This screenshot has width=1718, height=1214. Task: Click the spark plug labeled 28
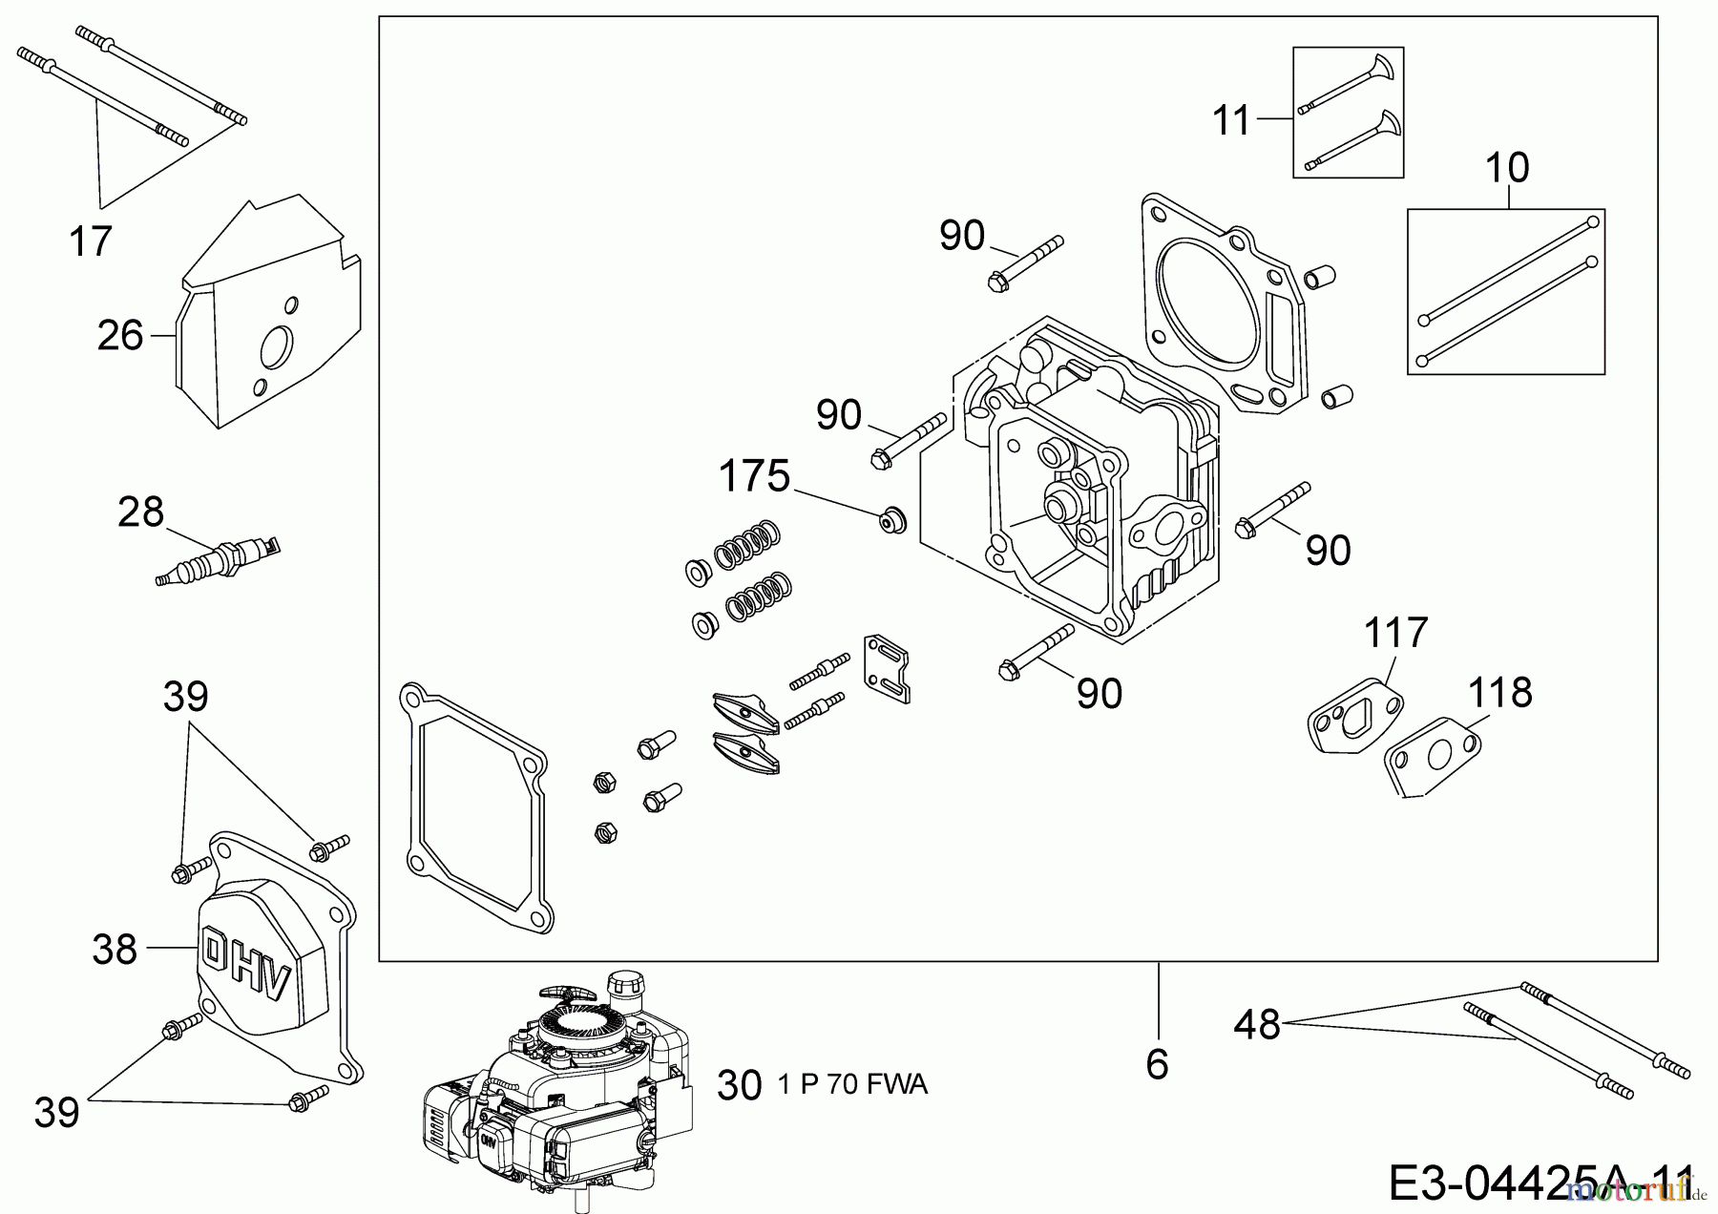(x=218, y=561)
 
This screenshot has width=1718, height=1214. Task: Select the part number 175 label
(x=754, y=475)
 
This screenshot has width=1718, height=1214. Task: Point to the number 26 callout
(x=120, y=335)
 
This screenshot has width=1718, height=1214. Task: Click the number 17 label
(x=91, y=241)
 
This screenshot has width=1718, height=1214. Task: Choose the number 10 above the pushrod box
(x=1507, y=168)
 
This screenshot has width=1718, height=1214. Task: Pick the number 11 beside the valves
(x=1231, y=121)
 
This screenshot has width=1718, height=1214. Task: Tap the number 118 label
(x=1500, y=692)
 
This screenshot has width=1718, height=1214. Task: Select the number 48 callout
(x=1257, y=1025)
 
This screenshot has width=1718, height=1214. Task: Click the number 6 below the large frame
(x=1157, y=1063)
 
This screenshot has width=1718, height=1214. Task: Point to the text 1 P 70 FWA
(x=852, y=1085)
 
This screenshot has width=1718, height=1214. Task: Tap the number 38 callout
(x=115, y=950)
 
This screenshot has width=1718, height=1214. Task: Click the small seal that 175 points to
(x=892, y=520)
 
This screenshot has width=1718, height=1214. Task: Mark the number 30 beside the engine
(x=739, y=1086)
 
